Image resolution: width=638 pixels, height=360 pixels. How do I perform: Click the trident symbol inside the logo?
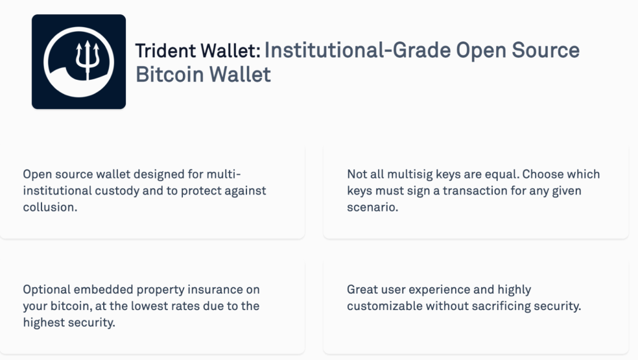pos(88,60)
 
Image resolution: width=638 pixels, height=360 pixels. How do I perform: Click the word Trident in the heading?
pos(165,51)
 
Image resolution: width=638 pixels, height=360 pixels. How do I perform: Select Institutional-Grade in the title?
pos(357,51)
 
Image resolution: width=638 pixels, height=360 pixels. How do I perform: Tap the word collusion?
pos(50,208)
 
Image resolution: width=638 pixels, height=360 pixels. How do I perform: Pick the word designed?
pos(159,174)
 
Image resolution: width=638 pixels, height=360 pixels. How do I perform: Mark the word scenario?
pos(372,208)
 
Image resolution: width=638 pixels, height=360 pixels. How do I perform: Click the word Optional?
pos(47,289)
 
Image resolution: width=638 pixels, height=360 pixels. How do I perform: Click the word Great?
pos(362,289)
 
